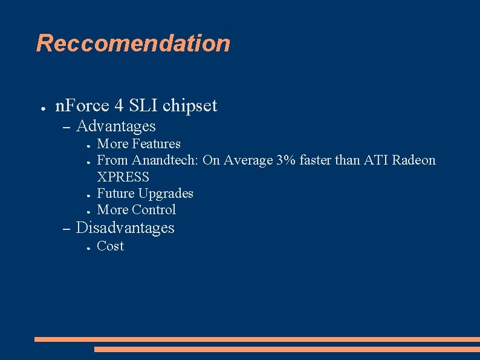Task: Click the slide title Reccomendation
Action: [133, 44]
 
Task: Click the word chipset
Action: [190, 106]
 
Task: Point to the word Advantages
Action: [116, 126]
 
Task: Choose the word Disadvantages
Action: [125, 228]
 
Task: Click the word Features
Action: [156, 144]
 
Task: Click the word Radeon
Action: [414, 160]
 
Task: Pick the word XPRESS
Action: [123, 177]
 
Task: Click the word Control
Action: [154, 210]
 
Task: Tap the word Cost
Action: [110, 246]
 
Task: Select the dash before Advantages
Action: [66, 128]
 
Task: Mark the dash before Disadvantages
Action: [66, 229]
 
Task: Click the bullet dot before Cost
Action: [88, 247]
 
